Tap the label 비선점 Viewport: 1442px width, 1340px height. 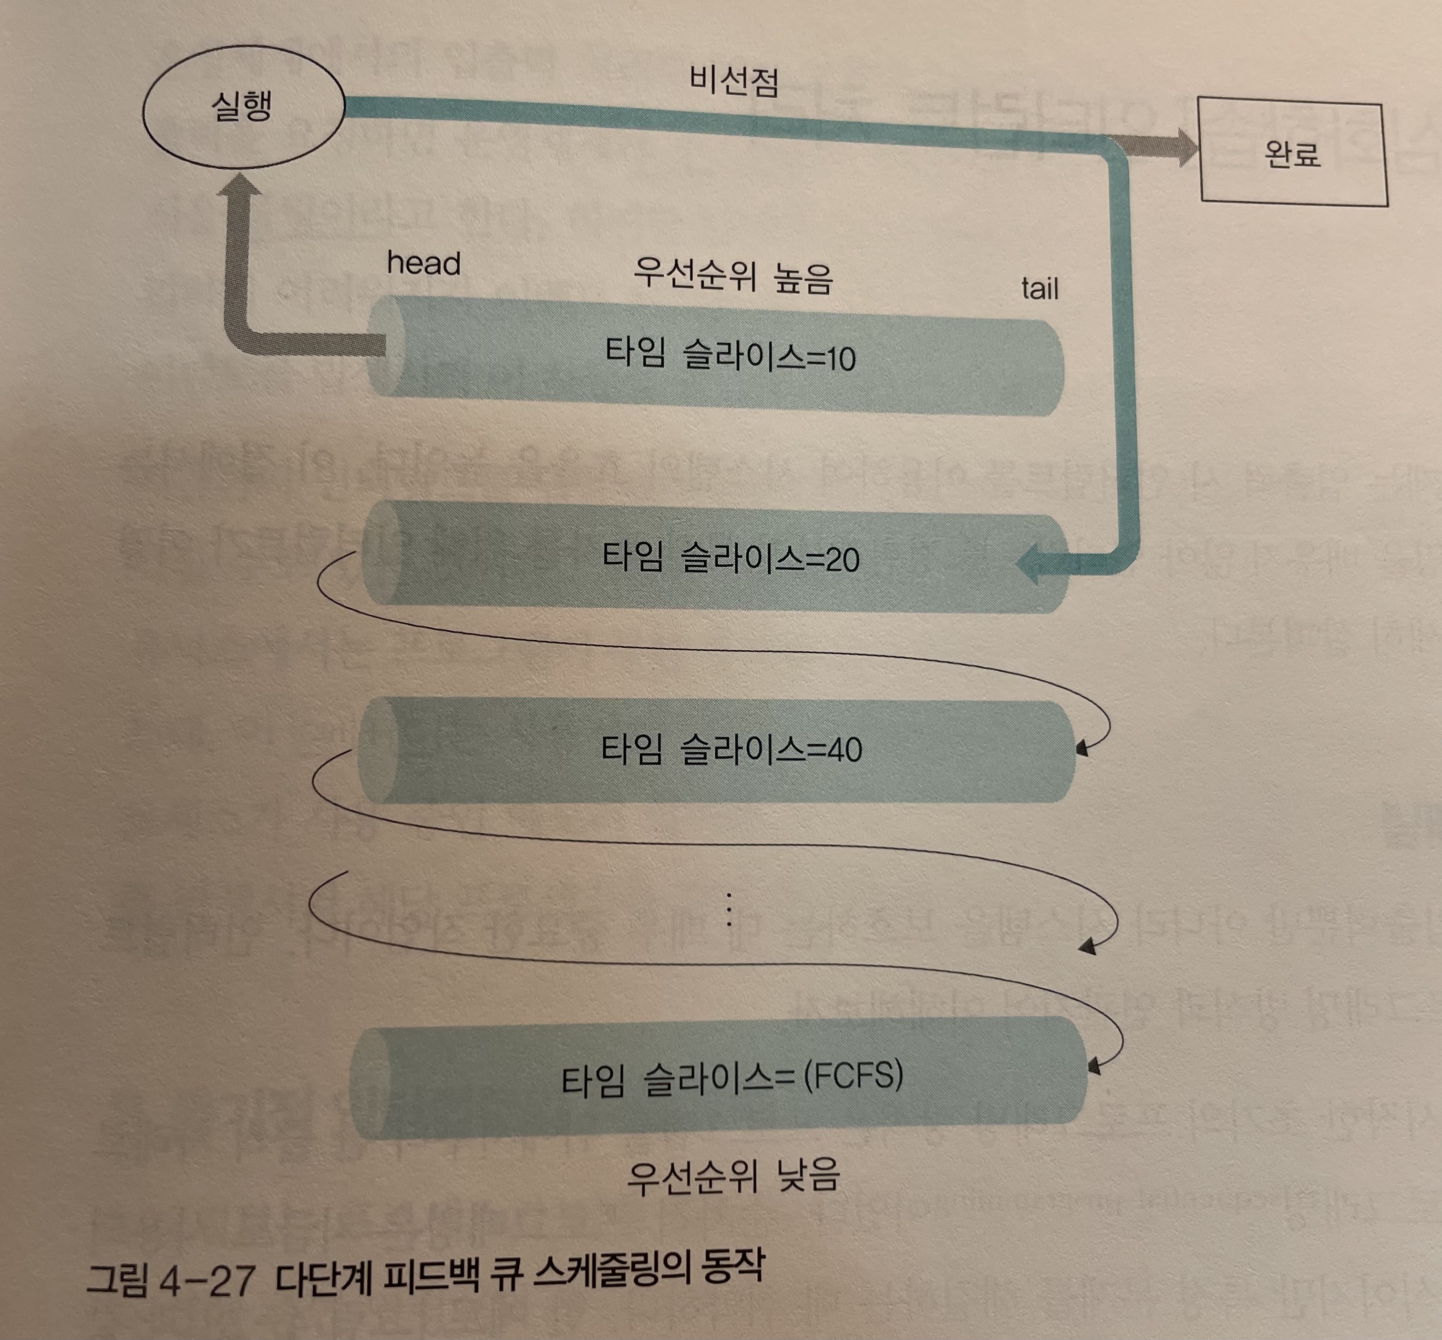(733, 81)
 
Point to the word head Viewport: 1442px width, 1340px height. (423, 263)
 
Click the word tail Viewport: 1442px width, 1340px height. (1040, 288)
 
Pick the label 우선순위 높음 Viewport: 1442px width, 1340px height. (732, 276)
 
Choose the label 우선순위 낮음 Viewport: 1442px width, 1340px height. (732, 1176)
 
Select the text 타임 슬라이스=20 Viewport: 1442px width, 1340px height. (731, 558)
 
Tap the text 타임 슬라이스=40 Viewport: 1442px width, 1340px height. (731, 748)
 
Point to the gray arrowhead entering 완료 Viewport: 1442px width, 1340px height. (1185, 149)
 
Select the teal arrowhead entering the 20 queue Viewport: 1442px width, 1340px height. (1032, 564)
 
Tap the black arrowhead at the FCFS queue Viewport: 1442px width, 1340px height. (1094, 1067)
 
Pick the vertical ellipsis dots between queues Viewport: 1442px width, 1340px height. (728, 909)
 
